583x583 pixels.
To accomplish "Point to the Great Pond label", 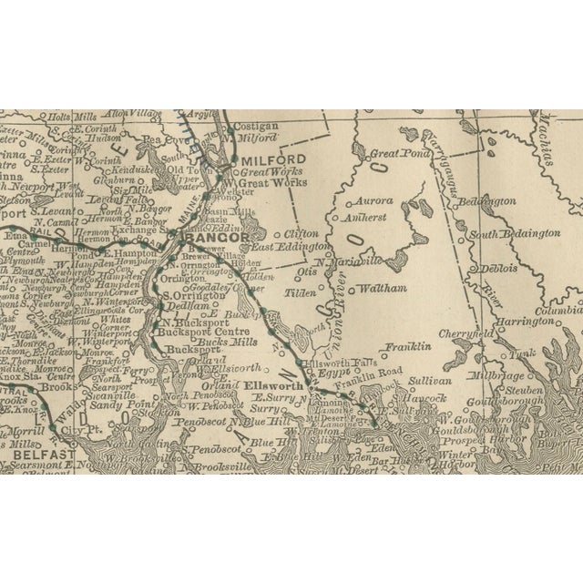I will [393, 155].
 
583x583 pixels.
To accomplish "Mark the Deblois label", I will [498, 269].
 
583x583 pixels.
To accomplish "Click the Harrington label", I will [523, 322].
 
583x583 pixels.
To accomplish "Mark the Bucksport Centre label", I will [189, 334].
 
